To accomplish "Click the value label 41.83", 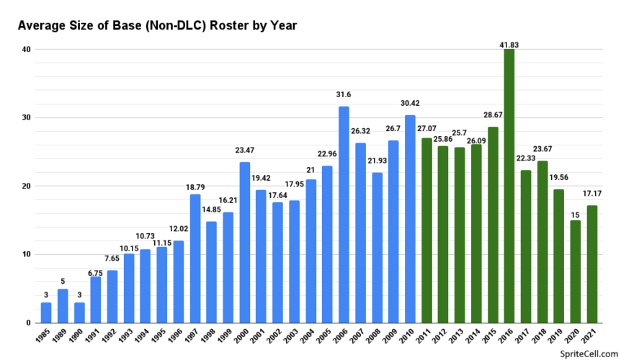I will tap(509, 45).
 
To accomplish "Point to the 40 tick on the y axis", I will tap(26, 49).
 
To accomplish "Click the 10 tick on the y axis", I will tap(26, 254).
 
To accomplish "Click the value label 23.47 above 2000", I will tap(245, 151).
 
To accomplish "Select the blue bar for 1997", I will tap(195, 258).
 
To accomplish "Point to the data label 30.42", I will tap(410, 104).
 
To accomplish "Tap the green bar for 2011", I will tap(426, 230).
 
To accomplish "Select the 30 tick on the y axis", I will tap(26, 117).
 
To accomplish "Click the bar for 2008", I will tap(377, 248).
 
